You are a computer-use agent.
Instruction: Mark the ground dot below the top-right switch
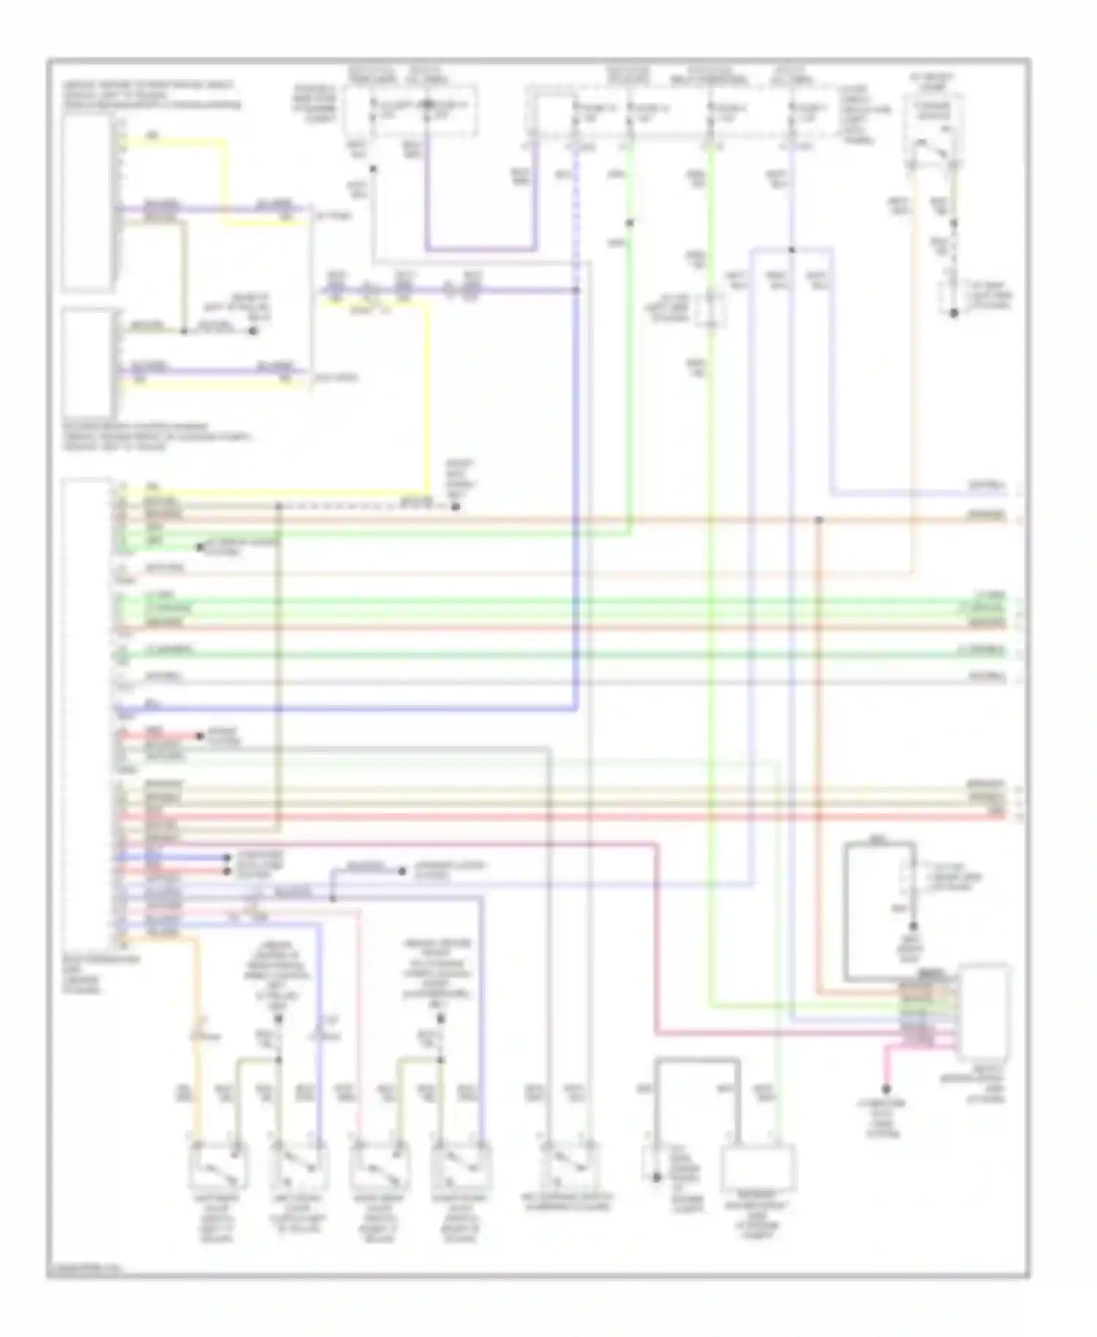[954, 314]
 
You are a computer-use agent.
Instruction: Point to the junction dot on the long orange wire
[819, 520]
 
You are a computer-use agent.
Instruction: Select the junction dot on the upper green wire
[630, 222]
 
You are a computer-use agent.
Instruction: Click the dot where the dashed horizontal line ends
[455, 506]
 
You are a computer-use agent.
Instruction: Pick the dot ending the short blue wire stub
[402, 871]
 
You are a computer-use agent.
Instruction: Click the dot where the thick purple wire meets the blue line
[577, 290]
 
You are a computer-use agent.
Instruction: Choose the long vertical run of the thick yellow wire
[426, 395]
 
